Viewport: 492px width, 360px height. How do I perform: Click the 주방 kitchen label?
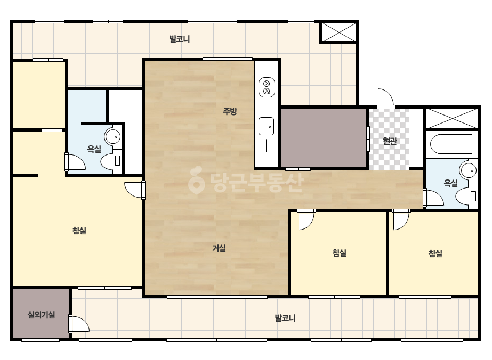coord(230,111)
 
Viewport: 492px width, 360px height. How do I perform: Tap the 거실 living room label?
coord(219,248)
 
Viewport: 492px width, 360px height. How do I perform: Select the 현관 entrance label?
coord(390,141)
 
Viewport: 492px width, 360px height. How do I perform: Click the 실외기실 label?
coord(42,315)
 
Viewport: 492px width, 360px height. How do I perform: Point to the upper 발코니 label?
coord(180,39)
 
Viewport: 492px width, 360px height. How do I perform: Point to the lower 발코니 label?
coord(285,318)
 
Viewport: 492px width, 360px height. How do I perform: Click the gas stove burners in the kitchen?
coord(267,87)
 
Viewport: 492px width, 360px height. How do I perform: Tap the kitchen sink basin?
coord(266,126)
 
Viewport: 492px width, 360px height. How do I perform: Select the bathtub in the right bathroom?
coord(451,144)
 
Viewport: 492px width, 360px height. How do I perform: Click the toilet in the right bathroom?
coord(466,197)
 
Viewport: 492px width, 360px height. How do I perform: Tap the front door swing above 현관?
coord(385,98)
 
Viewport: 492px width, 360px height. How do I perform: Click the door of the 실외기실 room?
coord(79,324)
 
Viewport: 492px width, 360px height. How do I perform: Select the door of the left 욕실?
coord(75,162)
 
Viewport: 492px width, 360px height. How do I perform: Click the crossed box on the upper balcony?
coord(339,32)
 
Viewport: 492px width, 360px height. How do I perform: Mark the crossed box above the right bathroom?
coord(453,118)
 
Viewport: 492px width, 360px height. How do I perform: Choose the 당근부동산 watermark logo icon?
coord(196,181)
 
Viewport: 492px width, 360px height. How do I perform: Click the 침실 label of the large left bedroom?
coord(79,231)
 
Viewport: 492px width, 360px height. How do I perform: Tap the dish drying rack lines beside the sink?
coord(266,145)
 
